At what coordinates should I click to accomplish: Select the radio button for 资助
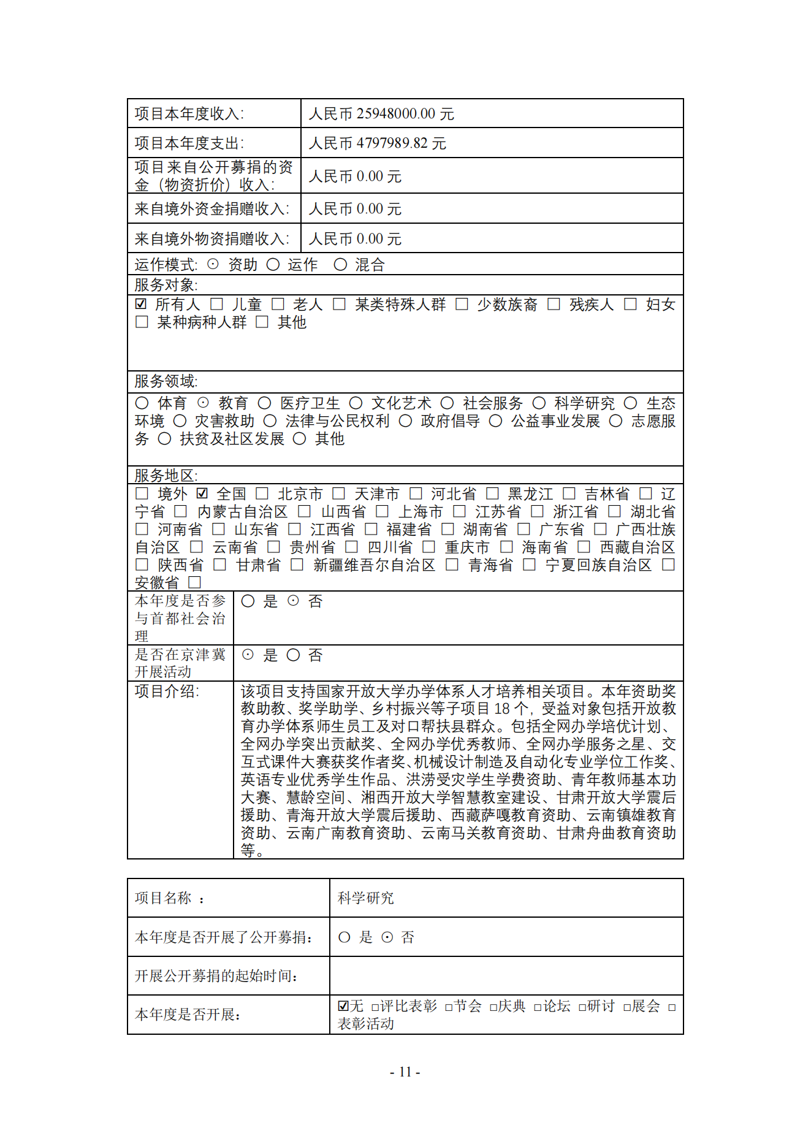(213, 264)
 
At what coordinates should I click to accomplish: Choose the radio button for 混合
(340, 264)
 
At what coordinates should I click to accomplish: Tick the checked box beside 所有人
(141, 304)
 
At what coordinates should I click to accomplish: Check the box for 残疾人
(554, 304)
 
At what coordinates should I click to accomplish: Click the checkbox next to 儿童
(216, 304)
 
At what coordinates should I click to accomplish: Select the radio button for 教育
(203, 403)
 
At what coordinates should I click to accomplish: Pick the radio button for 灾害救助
(180, 421)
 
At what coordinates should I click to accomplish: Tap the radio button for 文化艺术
(356, 403)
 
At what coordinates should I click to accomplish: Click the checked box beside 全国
(202, 493)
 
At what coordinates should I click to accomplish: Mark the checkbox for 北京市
(262, 493)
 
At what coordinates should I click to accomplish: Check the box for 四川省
(352, 547)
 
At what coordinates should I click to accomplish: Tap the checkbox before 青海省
(452, 565)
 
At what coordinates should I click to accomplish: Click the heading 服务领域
(166, 381)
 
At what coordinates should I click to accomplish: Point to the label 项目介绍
(166, 692)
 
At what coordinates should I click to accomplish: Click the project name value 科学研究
(366, 898)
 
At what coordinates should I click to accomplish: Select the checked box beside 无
(343, 1006)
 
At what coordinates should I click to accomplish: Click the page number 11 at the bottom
(405, 1072)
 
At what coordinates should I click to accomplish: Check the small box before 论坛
(538, 1007)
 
